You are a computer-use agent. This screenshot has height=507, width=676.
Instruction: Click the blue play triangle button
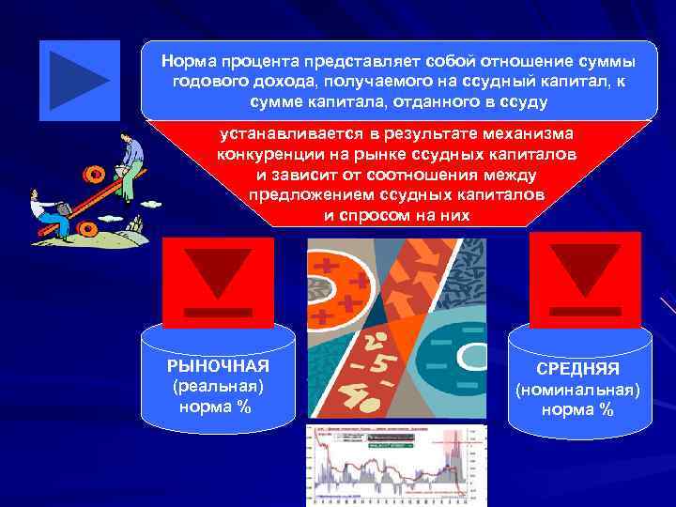[79, 81]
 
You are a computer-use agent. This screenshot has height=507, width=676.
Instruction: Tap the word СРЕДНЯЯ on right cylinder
[577, 369]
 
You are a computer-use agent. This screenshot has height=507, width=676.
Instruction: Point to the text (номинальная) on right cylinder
[577, 389]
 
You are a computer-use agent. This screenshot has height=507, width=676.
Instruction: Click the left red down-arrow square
[218, 281]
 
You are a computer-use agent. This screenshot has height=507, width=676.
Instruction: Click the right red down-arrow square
[584, 279]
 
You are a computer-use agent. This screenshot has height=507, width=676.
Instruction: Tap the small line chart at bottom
[395, 465]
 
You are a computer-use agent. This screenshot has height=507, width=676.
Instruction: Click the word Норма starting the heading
[186, 61]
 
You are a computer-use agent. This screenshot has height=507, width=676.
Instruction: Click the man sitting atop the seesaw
[131, 160]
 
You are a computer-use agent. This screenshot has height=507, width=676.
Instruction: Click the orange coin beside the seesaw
[94, 175]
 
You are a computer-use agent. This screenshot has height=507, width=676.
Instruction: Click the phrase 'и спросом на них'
[397, 215]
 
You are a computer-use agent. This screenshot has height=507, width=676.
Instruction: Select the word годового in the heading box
[206, 82]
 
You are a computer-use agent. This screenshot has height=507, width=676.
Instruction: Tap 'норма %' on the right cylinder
[577, 409]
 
